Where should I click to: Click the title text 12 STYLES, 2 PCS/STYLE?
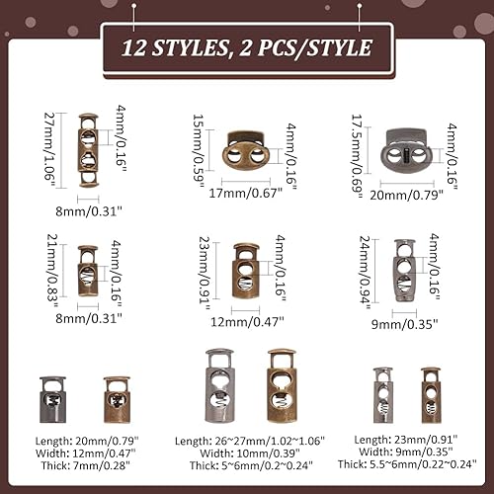(246, 46)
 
